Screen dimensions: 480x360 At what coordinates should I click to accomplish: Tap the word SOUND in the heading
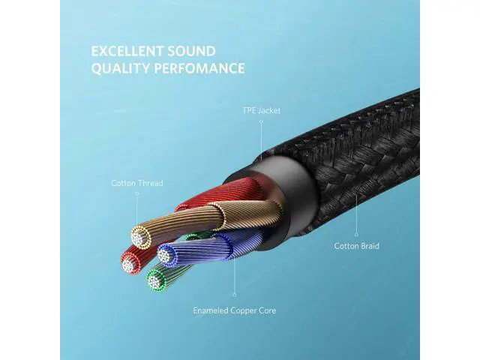click(193, 52)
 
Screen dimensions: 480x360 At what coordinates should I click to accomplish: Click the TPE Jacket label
click(262, 110)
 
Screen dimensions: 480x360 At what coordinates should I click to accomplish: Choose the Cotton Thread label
click(136, 182)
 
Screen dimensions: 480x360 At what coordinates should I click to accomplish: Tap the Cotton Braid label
click(355, 245)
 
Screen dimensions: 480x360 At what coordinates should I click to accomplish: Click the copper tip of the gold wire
click(139, 237)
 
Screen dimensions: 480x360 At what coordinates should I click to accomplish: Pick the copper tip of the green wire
click(154, 281)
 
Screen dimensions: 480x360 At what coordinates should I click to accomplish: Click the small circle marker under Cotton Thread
click(136, 194)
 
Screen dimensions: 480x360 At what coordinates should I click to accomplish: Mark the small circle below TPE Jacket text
click(262, 122)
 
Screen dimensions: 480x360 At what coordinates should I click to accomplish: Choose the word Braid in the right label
click(367, 245)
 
